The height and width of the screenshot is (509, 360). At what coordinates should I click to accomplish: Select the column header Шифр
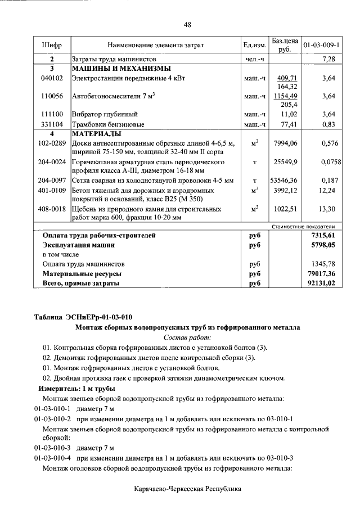pos(52,44)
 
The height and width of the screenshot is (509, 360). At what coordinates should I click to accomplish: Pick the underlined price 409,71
pos(287,78)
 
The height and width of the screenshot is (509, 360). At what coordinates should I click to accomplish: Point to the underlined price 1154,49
pos(286,96)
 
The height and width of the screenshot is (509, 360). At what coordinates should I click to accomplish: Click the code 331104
pos(52,124)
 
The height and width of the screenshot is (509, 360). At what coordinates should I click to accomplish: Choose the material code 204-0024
pos(52,162)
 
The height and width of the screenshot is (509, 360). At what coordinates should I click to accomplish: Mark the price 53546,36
pos(284,181)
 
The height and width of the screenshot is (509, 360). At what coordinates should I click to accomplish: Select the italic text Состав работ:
pos(187,337)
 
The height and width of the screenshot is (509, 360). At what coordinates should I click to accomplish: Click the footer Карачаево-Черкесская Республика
pos(187,489)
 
